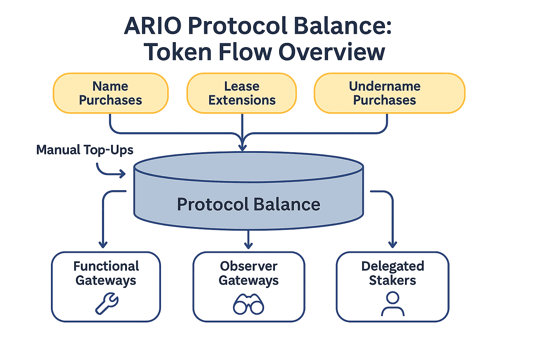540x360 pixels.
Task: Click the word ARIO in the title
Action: [x=153, y=26]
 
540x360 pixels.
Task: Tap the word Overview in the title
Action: [x=332, y=52]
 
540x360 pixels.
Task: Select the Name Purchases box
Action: [x=110, y=93]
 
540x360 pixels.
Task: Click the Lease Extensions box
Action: [x=242, y=93]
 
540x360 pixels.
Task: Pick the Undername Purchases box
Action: [x=389, y=93]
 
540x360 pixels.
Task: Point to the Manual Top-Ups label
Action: [x=85, y=150]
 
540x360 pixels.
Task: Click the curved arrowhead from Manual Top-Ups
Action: [x=122, y=174]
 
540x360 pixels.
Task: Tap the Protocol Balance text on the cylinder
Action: [x=249, y=204]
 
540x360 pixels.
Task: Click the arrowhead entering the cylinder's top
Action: [x=242, y=147]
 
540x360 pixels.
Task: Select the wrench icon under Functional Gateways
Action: [x=107, y=304]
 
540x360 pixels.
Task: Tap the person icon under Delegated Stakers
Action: [x=393, y=304]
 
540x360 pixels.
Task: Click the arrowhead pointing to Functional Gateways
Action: [x=103, y=244]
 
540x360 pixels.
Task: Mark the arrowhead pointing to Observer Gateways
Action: [x=249, y=245]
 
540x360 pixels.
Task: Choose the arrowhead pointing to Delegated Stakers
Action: [x=393, y=244]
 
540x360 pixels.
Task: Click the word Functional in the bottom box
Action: [x=106, y=266]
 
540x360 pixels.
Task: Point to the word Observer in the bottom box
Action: [x=249, y=266]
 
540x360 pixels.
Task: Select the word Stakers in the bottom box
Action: [x=392, y=280]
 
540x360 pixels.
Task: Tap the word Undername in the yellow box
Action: [x=385, y=86]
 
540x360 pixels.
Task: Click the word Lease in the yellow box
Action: [x=242, y=86]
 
